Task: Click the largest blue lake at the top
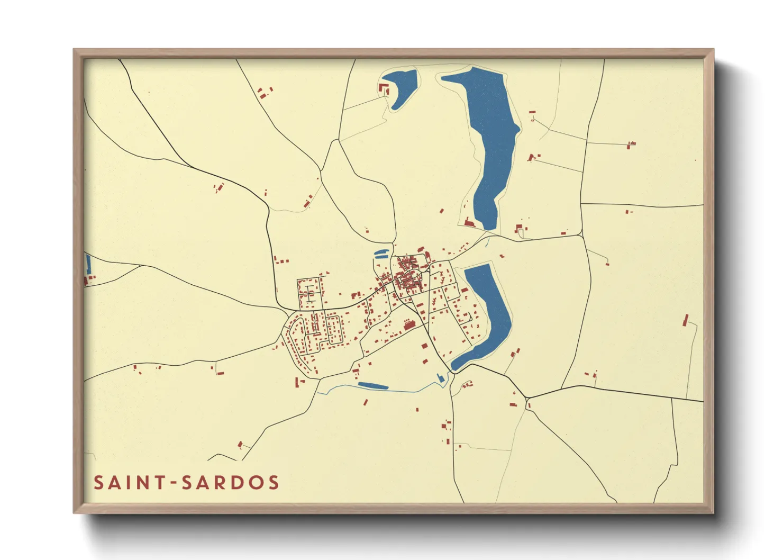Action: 489,138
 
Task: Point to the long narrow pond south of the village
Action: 373,385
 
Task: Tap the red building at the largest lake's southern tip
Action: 469,223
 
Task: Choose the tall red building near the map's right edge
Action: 686,320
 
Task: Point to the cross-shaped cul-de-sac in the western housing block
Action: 309,292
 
